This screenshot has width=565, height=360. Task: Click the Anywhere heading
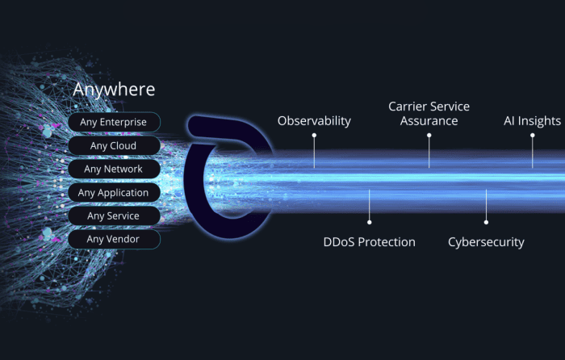click(x=114, y=90)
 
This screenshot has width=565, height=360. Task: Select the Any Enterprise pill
click(x=114, y=122)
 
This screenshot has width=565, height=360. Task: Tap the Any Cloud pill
click(x=114, y=145)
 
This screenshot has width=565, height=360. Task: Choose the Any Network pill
click(x=114, y=169)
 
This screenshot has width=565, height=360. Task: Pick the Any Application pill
click(x=114, y=192)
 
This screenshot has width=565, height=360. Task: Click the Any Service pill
click(x=114, y=216)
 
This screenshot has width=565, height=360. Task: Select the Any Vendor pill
click(x=114, y=239)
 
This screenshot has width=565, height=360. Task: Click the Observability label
click(x=314, y=121)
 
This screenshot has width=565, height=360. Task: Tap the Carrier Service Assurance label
click(x=429, y=114)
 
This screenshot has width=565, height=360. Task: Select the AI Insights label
click(x=532, y=121)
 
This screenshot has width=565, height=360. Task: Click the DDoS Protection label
click(x=370, y=242)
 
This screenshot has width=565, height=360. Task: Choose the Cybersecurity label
click(x=486, y=242)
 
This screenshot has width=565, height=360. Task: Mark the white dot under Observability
click(x=314, y=136)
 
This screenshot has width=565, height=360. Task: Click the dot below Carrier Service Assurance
click(x=429, y=136)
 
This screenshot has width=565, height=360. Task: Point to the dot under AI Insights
click(x=532, y=136)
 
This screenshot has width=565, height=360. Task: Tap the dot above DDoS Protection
click(x=370, y=222)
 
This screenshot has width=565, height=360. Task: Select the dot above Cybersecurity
click(x=486, y=222)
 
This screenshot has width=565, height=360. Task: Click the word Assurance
click(x=429, y=121)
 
